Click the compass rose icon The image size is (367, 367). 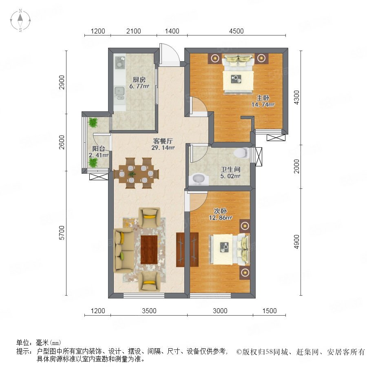(20, 20)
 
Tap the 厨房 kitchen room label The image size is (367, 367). (139, 80)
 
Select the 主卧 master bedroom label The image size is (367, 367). (263, 98)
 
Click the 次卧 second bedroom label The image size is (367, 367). (220, 211)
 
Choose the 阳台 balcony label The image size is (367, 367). (99, 148)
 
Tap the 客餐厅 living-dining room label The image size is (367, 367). (163, 141)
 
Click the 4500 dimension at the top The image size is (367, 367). (237, 31)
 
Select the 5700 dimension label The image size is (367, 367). (62, 233)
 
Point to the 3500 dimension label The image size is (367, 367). (149, 311)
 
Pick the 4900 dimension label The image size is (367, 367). (296, 242)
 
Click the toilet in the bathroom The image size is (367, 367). (241, 153)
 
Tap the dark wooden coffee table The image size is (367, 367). (149, 250)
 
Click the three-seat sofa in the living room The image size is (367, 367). (124, 251)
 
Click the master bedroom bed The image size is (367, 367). (238, 75)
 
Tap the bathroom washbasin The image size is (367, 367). (199, 179)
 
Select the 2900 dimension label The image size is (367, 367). (62, 82)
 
